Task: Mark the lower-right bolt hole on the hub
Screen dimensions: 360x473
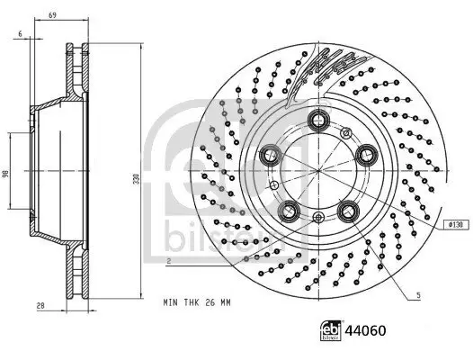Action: [x=348, y=212]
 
